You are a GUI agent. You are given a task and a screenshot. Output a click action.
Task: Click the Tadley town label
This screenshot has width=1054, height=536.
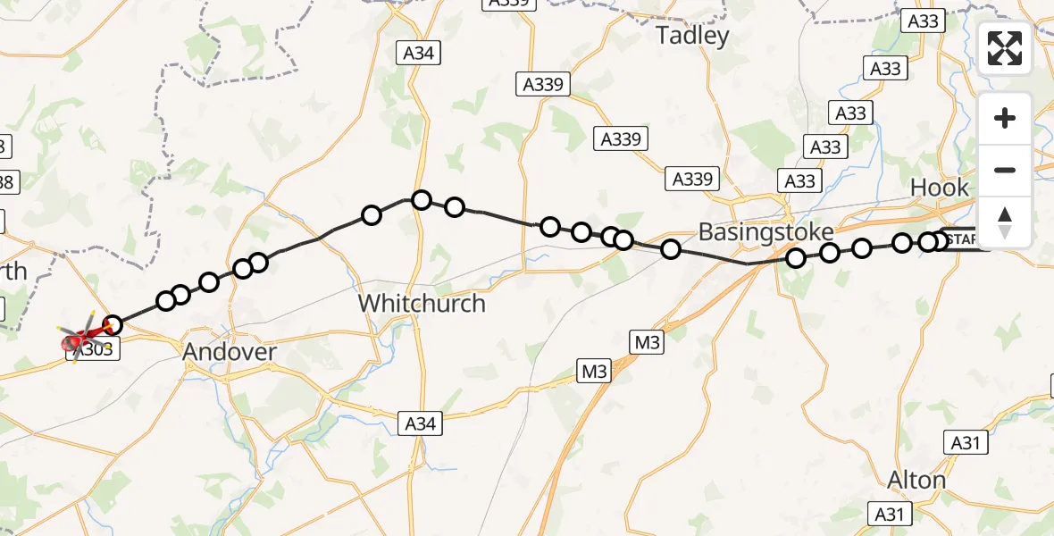(692, 36)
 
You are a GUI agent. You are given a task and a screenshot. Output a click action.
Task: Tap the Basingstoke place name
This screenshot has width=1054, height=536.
(765, 232)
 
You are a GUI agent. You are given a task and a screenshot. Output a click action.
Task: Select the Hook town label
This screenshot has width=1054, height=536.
(939, 188)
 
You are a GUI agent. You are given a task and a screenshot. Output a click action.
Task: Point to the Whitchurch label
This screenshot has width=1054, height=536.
(422, 304)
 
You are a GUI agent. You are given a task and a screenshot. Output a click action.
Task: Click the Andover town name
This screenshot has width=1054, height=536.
(230, 352)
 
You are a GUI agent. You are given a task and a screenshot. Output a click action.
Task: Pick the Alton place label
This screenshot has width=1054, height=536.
(916, 481)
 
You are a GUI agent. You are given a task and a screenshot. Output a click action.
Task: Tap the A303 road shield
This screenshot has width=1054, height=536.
(92, 350)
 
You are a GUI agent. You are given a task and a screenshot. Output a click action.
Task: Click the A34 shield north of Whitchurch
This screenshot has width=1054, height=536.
(417, 54)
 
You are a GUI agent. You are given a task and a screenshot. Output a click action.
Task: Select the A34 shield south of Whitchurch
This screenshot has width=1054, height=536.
(420, 423)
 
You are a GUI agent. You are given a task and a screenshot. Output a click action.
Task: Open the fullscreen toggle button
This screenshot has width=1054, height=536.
(1005, 48)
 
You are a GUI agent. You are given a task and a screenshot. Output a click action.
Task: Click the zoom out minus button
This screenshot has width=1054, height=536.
(1005, 170)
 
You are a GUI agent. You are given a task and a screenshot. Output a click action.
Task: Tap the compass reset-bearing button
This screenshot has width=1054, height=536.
(1005, 221)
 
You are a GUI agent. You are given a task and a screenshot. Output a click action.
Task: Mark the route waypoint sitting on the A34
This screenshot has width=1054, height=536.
(422, 200)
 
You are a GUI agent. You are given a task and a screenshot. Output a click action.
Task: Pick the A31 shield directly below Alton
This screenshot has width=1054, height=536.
(891, 514)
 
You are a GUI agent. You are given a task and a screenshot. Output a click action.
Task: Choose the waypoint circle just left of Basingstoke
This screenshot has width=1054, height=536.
(671, 249)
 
